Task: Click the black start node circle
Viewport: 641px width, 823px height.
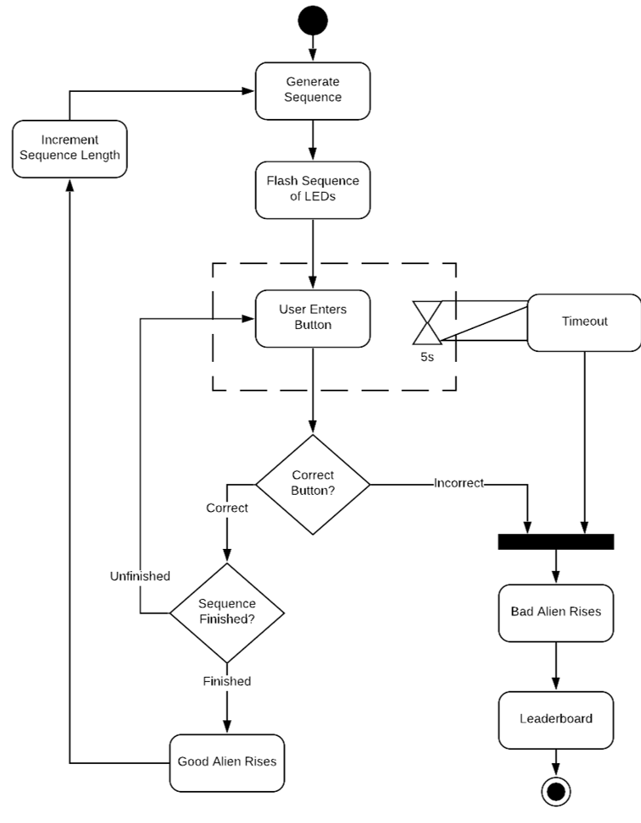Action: tap(313, 21)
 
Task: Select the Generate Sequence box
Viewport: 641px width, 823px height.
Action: tap(313, 89)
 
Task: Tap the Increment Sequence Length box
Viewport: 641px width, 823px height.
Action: tap(70, 148)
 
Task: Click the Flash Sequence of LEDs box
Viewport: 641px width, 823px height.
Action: tap(313, 189)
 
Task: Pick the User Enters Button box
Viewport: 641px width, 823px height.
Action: tap(313, 318)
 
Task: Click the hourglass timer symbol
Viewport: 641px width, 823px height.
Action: tap(427, 321)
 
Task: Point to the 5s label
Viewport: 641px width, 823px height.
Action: tap(427, 358)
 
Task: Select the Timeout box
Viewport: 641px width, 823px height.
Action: tap(584, 322)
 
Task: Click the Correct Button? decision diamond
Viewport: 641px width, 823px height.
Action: tap(313, 483)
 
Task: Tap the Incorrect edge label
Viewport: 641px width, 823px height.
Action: tap(459, 483)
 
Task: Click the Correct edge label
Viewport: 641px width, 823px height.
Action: tap(227, 508)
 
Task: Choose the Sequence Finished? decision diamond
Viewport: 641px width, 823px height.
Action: tap(227, 612)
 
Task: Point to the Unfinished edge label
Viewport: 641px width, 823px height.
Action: tap(140, 576)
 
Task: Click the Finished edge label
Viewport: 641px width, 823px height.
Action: tap(227, 681)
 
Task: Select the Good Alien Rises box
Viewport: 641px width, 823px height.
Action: tap(227, 761)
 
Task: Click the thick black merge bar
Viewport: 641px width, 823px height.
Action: tap(556, 541)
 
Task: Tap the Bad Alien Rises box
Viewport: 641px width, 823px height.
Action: tap(556, 612)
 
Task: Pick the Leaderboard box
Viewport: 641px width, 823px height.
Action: tap(556, 719)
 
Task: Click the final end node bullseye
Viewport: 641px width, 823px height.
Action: tap(556, 792)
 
